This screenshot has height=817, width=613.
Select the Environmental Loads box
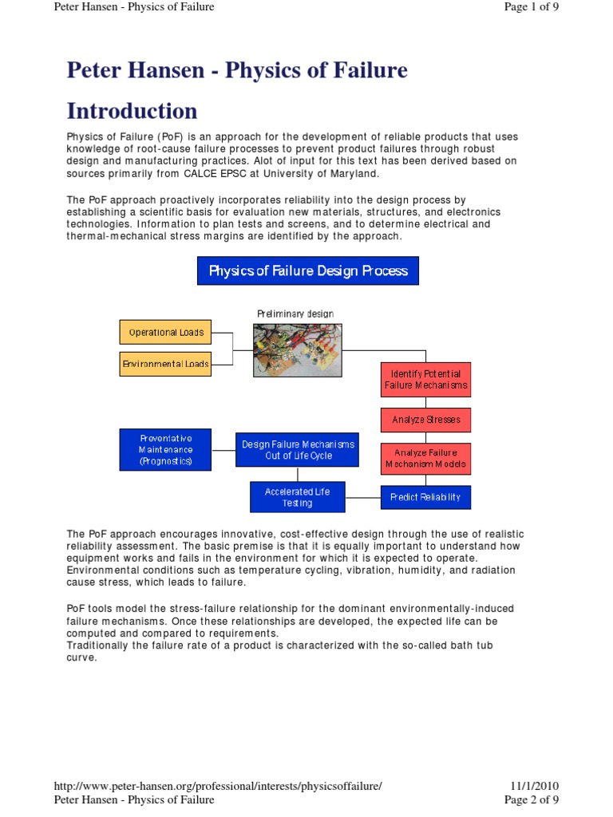pos(165,364)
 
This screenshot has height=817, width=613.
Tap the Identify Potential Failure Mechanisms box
pos(425,380)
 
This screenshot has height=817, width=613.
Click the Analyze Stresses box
pos(425,420)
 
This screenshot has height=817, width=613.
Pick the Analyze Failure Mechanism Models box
pos(425,459)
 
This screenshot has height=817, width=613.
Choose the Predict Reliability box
pos(425,497)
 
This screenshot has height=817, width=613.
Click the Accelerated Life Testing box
pos(297,497)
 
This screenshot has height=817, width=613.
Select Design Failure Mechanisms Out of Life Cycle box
pos(299,450)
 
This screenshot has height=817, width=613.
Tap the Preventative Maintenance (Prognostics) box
pos(166,449)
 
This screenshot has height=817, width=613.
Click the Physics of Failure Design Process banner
pos(308,270)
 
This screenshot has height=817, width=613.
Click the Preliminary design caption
pos(295,314)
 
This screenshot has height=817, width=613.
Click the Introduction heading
pos(132,110)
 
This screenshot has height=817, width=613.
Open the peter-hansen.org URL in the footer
pos(218,786)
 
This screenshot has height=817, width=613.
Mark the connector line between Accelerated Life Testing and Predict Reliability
pos(363,497)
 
